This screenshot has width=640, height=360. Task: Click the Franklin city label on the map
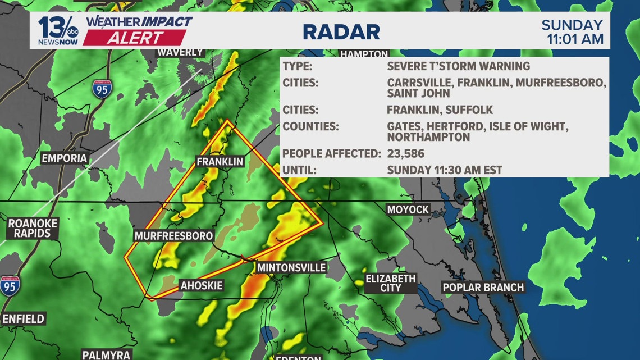[220, 162]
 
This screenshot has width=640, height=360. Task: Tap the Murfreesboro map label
[174, 236]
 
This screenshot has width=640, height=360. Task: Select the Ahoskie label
[202, 286]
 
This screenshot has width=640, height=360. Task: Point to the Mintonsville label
[291, 268]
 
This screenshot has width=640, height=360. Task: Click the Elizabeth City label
[391, 283]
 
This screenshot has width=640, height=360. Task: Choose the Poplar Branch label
[483, 288]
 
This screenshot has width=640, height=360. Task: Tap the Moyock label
[408, 209]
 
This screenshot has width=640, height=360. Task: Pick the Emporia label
[65, 158]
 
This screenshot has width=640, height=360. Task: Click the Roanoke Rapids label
[33, 228]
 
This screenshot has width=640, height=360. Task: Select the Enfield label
[23, 319]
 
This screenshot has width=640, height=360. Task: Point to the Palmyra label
[107, 355]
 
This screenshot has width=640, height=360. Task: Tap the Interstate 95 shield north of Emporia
[102, 89]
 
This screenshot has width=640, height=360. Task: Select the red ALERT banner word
[135, 38]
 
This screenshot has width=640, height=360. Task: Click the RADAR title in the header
[341, 31]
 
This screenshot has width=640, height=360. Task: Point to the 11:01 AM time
[575, 39]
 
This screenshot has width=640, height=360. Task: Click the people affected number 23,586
[405, 153]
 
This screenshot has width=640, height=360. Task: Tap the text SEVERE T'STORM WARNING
[458, 66]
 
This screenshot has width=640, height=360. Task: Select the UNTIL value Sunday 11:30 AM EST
[445, 170]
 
